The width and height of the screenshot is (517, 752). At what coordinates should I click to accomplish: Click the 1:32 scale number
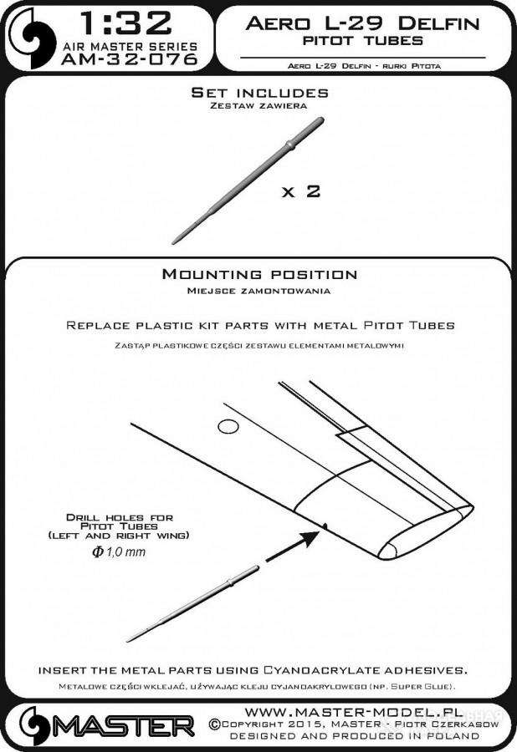pyautogui.click(x=125, y=23)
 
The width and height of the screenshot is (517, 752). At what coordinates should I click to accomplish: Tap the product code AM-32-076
pyautogui.click(x=130, y=59)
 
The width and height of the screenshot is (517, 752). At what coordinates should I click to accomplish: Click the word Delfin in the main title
pyautogui.click(x=438, y=23)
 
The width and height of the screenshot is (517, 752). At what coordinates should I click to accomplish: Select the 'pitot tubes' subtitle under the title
pyautogui.click(x=362, y=40)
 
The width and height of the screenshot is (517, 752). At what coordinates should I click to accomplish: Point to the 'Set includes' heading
pyautogui.click(x=259, y=92)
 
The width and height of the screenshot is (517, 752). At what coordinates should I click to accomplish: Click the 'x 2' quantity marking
pyautogui.click(x=301, y=191)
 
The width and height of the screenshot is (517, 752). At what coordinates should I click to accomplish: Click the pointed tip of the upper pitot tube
pyautogui.click(x=172, y=242)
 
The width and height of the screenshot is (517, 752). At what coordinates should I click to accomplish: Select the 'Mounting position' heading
pyautogui.click(x=259, y=274)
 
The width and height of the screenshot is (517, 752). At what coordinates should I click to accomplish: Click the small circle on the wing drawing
pyautogui.click(x=228, y=426)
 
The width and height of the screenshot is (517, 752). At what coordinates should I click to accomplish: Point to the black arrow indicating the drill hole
pyautogui.click(x=292, y=546)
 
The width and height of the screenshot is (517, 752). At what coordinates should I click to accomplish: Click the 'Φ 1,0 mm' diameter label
pyautogui.click(x=119, y=551)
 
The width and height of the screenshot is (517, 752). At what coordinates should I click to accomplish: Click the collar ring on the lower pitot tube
pyautogui.click(x=230, y=582)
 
